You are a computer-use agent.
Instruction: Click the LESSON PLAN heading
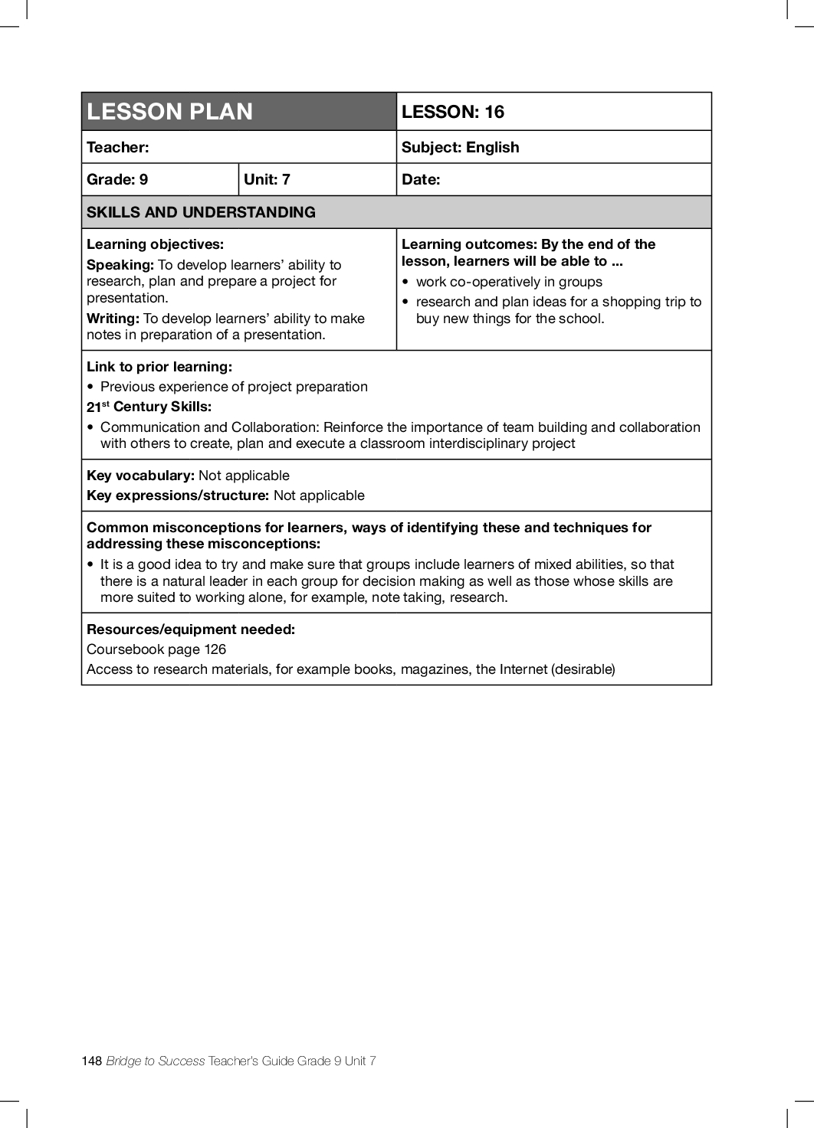tap(169, 112)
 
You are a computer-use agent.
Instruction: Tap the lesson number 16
tap(494, 112)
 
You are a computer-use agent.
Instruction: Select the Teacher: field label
tap(118, 147)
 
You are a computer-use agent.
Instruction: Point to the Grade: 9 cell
tap(117, 179)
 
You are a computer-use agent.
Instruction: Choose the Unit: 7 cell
tap(267, 179)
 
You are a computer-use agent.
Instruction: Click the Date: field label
tap(421, 179)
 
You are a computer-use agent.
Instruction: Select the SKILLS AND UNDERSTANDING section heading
tap(201, 212)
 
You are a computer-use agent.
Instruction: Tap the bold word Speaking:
tap(120, 265)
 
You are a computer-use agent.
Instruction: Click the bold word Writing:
tap(113, 319)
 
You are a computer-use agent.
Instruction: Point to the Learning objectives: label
tap(155, 244)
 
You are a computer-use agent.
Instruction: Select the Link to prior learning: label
tap(159, 367)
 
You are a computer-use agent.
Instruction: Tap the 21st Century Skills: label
tap(149, 407)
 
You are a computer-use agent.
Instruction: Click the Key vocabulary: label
tap(140, 476)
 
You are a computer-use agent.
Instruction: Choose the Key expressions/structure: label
tap(178, 495)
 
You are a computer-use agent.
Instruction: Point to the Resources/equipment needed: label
tap(191, 629)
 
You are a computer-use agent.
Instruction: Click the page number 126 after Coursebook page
tap(215, 649)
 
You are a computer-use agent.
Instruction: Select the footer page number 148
tap(91, 1061)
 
